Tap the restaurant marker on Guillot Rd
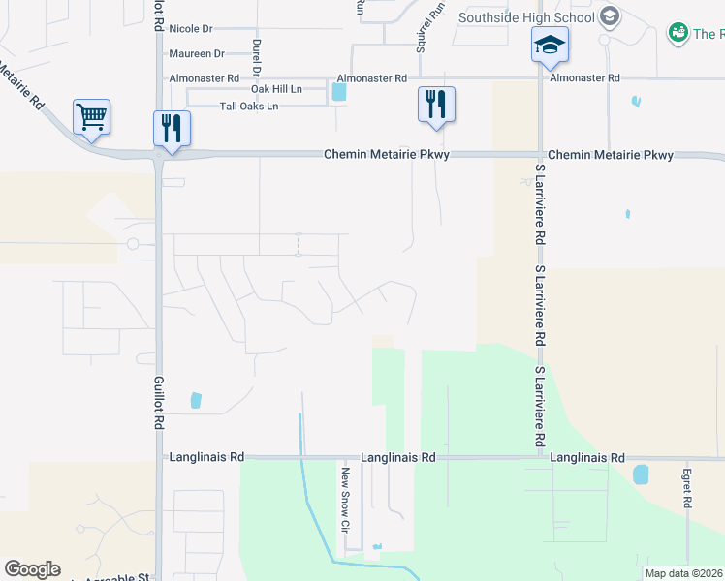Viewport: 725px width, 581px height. (x=172, y=129)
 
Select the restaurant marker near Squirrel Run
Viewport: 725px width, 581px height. (x=435, y=105)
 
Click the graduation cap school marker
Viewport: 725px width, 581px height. (x=550, y=45)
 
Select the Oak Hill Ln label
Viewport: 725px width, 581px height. (x=277, y=89)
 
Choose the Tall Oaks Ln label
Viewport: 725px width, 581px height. (x=249, y=106)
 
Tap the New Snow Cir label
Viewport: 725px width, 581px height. (x=343, y=499)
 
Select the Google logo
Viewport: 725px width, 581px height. (x=32, y=569)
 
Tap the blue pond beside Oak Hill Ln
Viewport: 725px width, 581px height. (x=338, y=92)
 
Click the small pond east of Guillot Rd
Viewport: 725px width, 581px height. (x=197, y=399)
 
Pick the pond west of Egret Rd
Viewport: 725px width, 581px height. (x=640, y=474)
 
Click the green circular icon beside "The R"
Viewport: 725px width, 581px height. (x=678, y=34)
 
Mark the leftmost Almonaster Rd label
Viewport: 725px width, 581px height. (x=204, y=77)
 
